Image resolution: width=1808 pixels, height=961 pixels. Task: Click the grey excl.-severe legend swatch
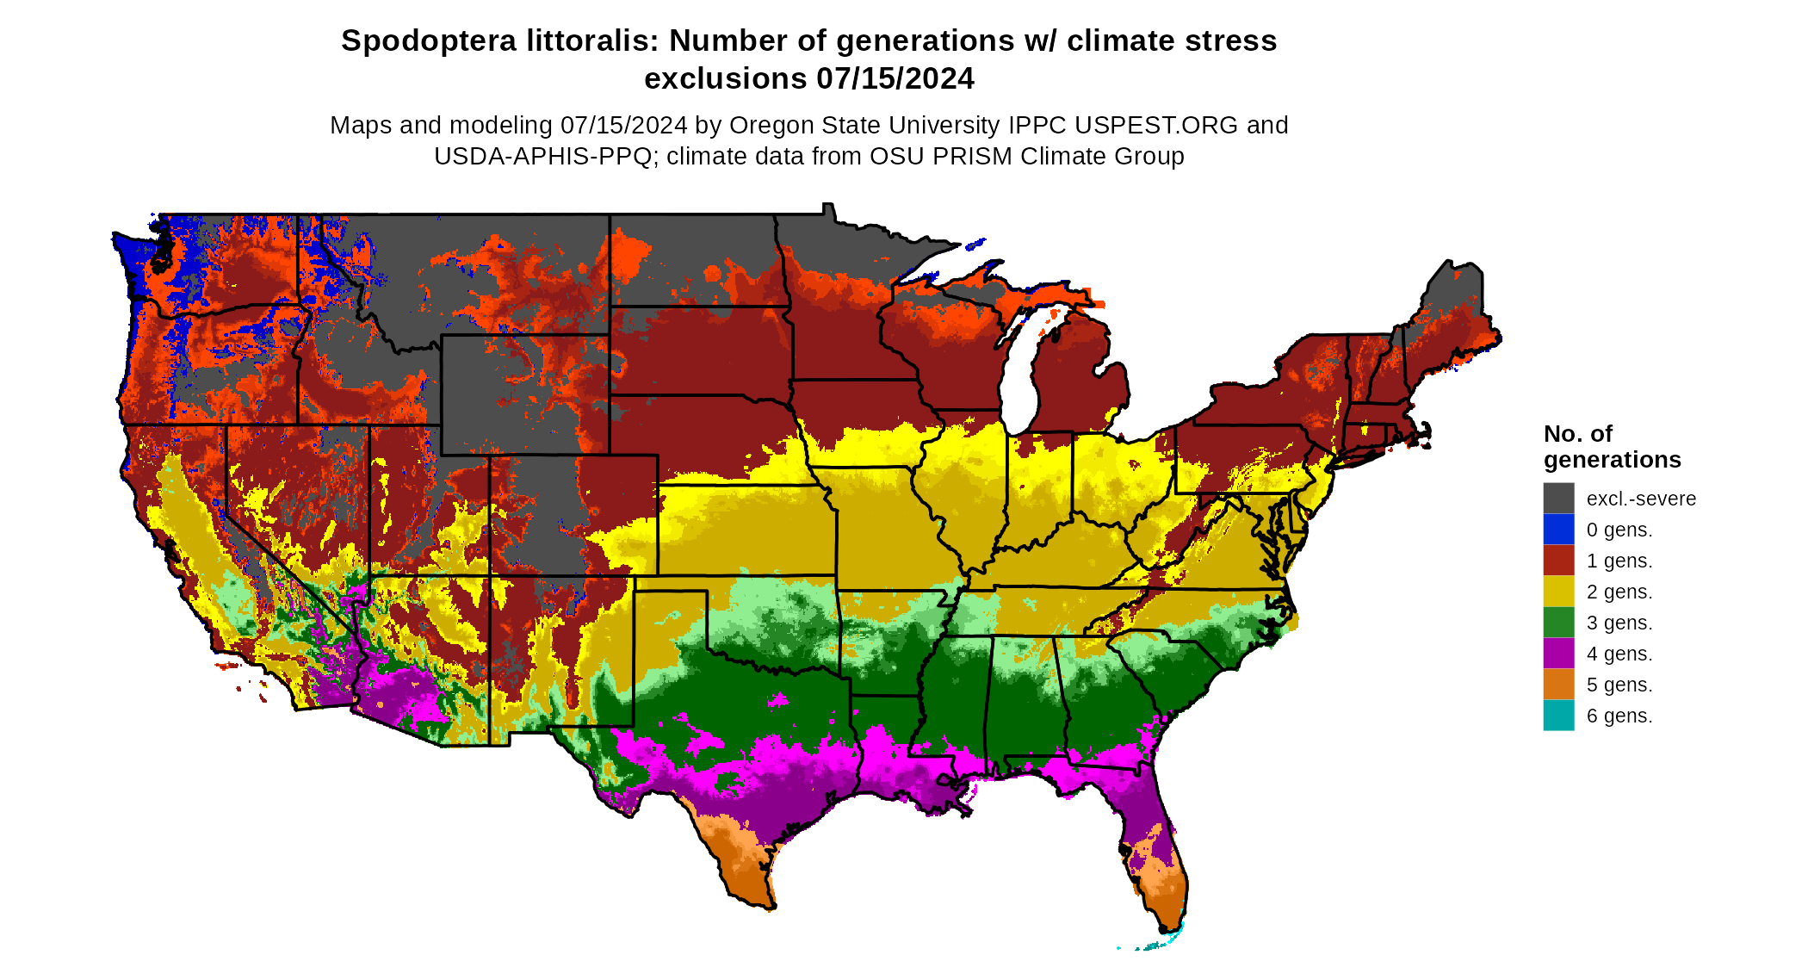click(1558, 499)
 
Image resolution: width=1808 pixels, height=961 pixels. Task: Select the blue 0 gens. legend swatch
click(1558, 530)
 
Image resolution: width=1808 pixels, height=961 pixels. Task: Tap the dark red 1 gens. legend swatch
click(1558, 561)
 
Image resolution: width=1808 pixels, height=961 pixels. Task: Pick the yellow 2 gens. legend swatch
click(1558, 592)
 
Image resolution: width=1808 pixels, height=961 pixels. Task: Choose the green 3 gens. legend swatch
click(1558, 623)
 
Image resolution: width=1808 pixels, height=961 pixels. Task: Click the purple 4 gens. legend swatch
click(1558, 654)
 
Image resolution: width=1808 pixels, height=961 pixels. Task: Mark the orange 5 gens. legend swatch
click(1558, 685)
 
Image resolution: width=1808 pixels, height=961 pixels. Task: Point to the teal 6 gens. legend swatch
click(1558, 716)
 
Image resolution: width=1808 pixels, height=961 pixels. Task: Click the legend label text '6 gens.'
click(1619, 716)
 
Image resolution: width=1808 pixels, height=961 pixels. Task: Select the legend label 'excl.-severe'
click(1641, 499)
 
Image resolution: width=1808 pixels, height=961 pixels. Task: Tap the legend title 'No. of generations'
click(1612, 447)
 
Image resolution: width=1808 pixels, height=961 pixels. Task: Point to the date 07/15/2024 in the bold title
click(895, 79)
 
